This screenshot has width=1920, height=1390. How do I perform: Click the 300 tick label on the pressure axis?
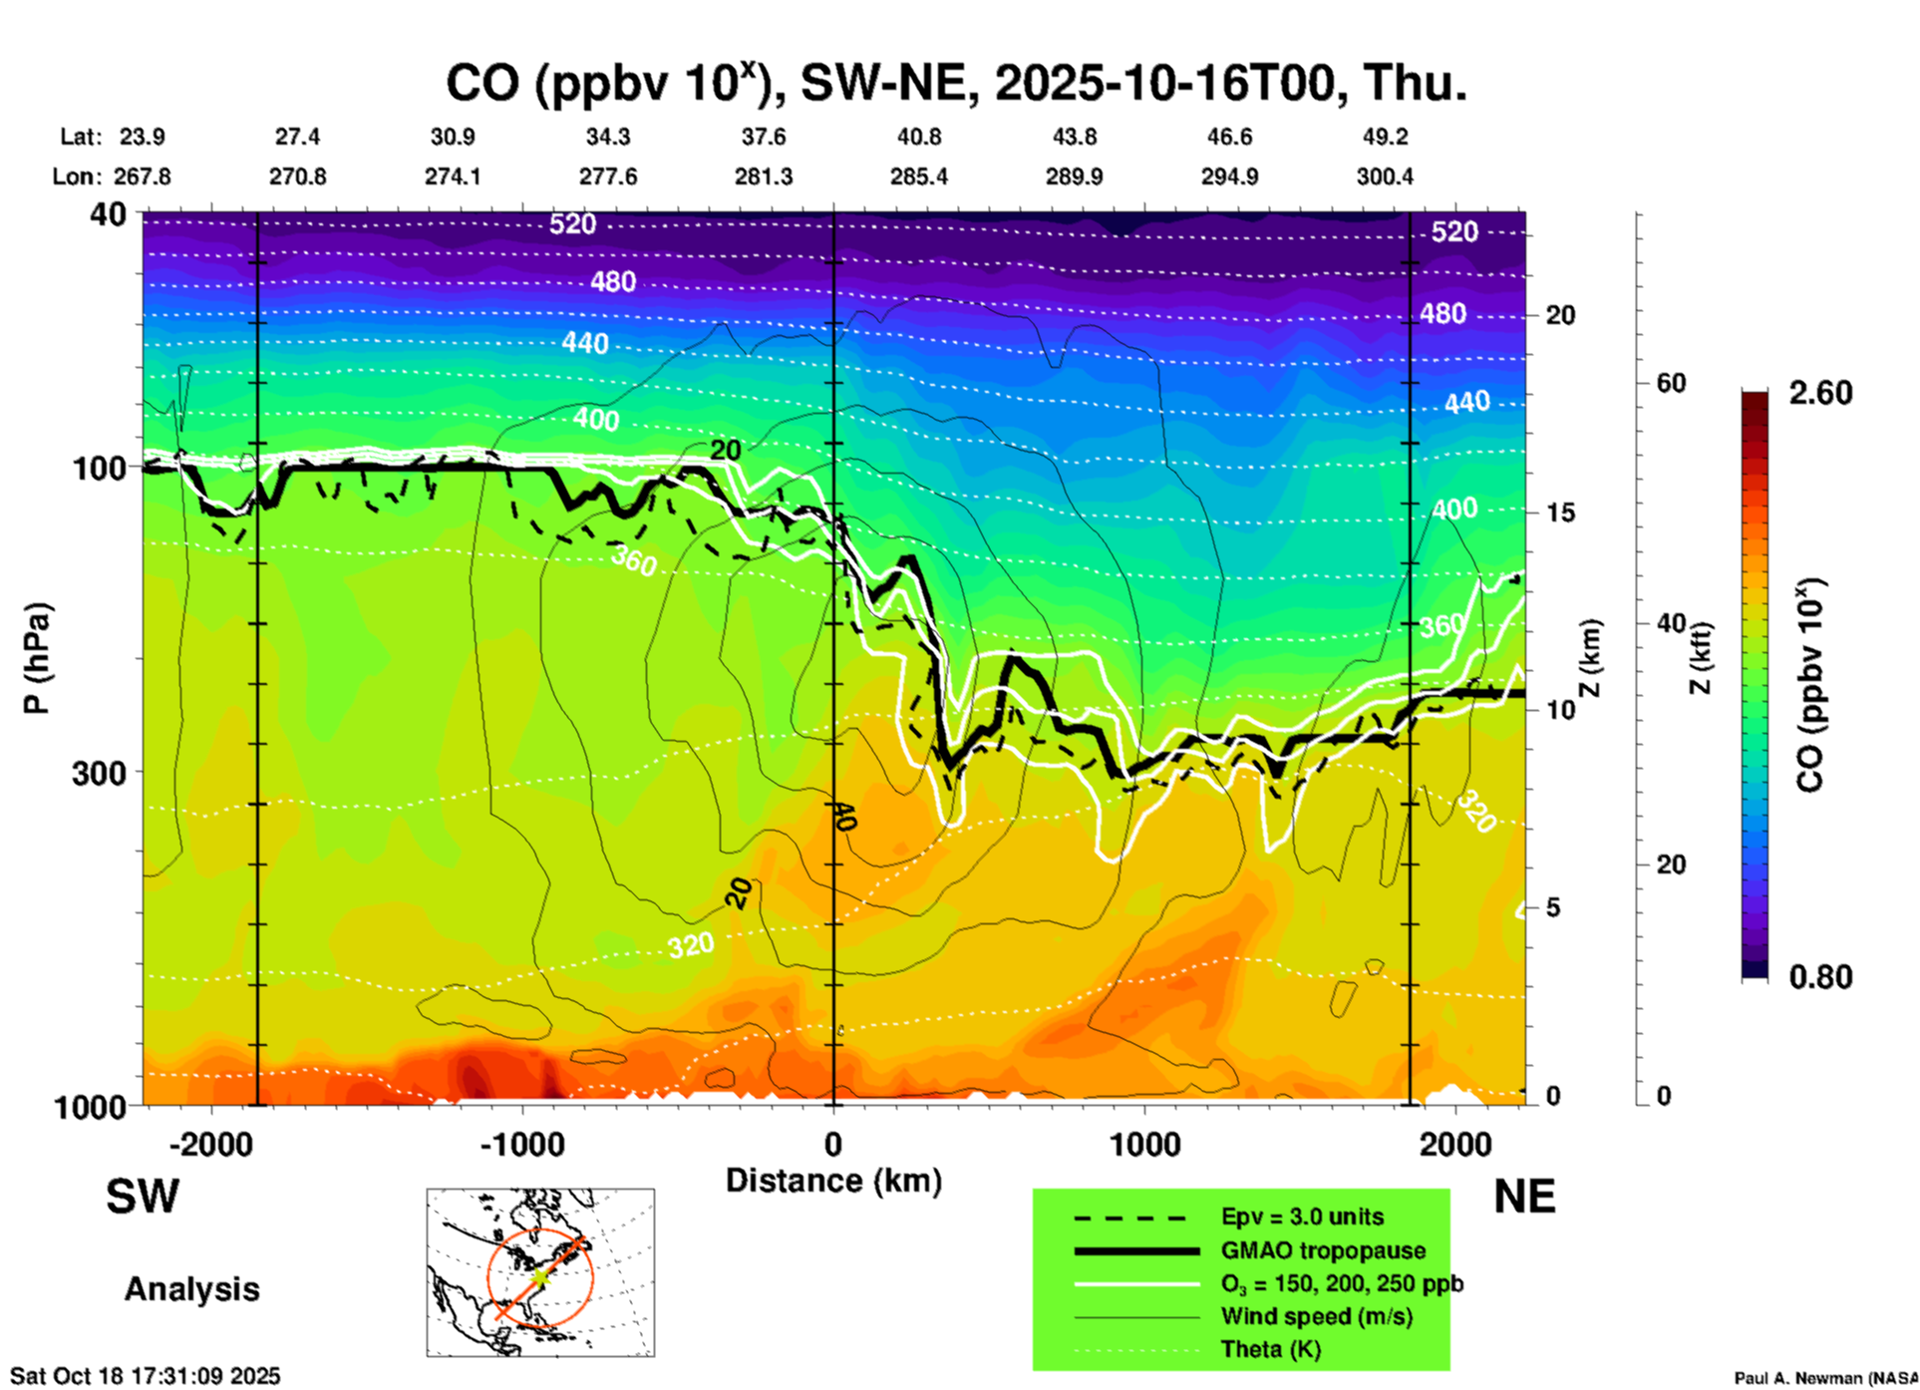click(x=99, y=773)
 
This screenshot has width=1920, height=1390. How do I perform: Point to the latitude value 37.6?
click(x=763, y=137)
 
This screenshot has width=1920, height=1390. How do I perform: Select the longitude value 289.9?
click(x=1074, y=176)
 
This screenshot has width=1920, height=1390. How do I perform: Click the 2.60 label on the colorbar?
click(x=1819, y=393)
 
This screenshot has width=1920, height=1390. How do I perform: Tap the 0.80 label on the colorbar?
click(x=1819, y=977)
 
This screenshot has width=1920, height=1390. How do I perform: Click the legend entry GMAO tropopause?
click(x=1323, y=1250)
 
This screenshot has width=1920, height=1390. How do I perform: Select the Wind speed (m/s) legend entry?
click(x=1316, y=1316)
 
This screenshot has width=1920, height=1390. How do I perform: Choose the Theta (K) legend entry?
click(x=1270, y=1350)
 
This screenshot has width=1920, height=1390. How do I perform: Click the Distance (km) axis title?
click(x=833, y=1181)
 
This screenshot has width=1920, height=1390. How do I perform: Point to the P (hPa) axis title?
click(x=37, y=658)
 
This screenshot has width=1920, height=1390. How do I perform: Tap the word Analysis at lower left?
click(x=191, y=1289)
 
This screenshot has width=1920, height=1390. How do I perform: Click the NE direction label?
click(x=1524, y=1197)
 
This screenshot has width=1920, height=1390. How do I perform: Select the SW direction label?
click(x=143, y=1197)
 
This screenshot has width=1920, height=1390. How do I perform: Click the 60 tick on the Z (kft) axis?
click(x=1671, y=383)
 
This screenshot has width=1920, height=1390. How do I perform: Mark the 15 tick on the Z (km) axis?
click(x=1560, y=513)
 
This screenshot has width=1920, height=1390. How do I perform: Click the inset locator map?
click(x=540, y=1272)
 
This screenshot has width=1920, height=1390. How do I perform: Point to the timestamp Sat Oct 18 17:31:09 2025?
click(x=146, y=1376)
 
